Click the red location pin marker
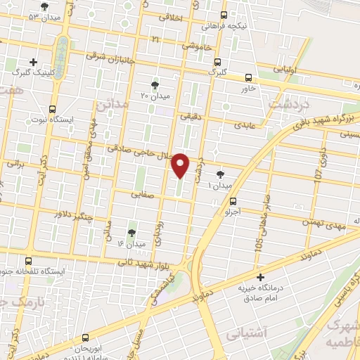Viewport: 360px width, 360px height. coord(181,165)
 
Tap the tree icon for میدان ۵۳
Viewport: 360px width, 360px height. coord(45,6)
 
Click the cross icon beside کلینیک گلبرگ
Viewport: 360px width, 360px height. coord(33,63)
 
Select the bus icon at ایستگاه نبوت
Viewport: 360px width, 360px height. coord(52,109)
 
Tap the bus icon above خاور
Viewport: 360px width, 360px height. coord(247,78)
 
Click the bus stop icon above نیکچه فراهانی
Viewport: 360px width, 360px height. coord(224,15)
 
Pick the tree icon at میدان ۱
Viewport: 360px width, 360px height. coord(221,174)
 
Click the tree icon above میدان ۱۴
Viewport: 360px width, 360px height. coord(131,232)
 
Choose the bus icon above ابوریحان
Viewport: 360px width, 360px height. coord(85,337)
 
